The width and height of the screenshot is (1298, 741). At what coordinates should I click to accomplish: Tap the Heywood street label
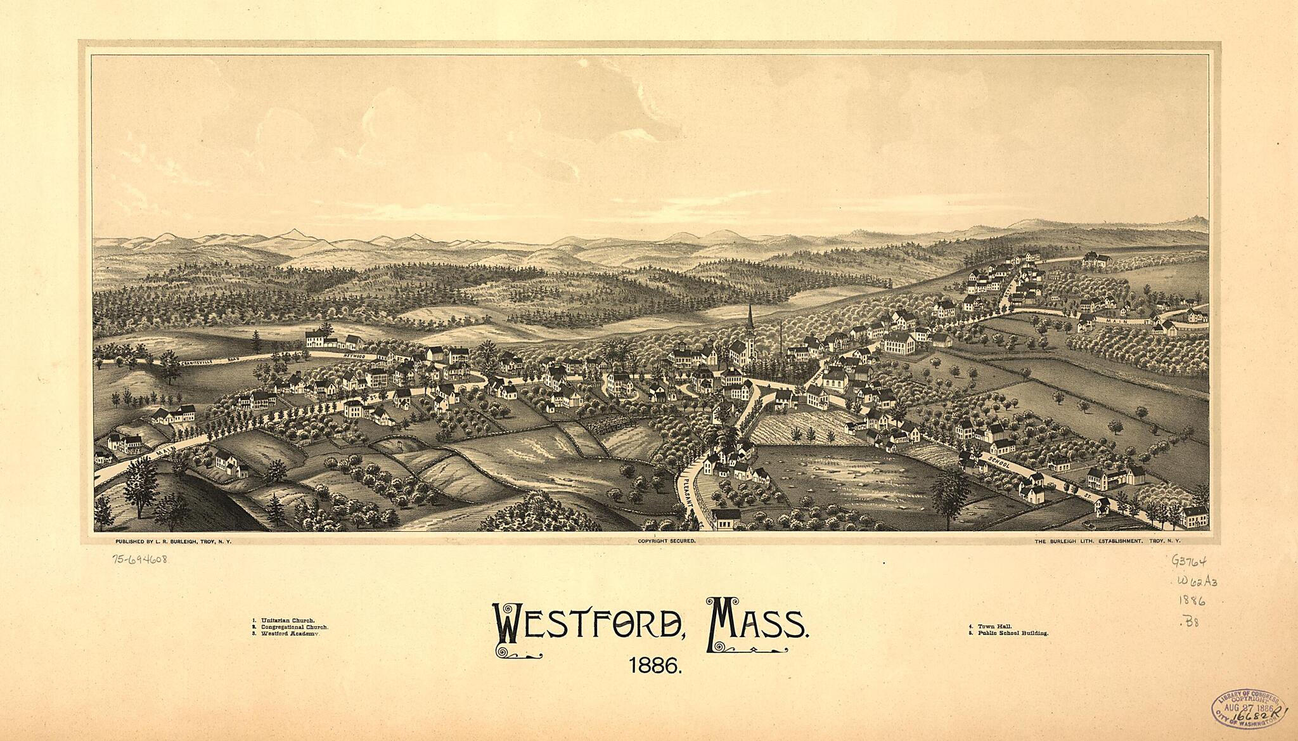(x=356, y=357)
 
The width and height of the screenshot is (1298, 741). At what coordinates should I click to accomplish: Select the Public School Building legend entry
(x=1008, y=633)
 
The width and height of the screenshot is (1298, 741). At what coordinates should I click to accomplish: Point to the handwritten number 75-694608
(x=140, y=559)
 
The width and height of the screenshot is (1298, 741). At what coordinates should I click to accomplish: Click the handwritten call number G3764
(x=1190, y=561)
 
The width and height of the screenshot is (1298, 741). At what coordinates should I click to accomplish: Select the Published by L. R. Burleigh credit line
(x=173, y=541)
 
